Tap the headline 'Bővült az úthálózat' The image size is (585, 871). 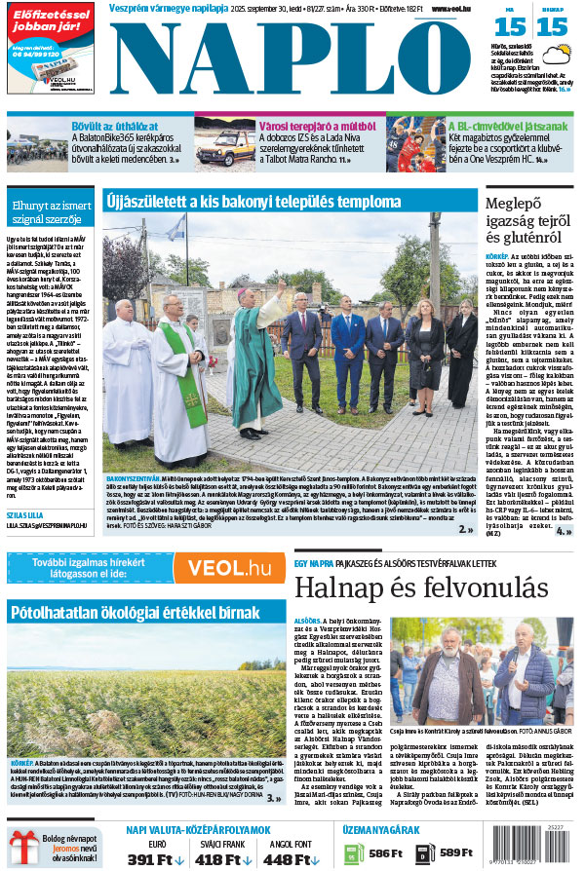click(x=115, y=126)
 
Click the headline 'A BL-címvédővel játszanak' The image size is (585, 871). click(x=508, y=126)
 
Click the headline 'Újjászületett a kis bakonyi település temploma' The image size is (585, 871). click(x=253, y=203)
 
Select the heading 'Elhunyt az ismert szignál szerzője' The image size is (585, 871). click(x=51, y=212)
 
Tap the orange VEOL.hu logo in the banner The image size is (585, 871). click(x=229, y=568)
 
